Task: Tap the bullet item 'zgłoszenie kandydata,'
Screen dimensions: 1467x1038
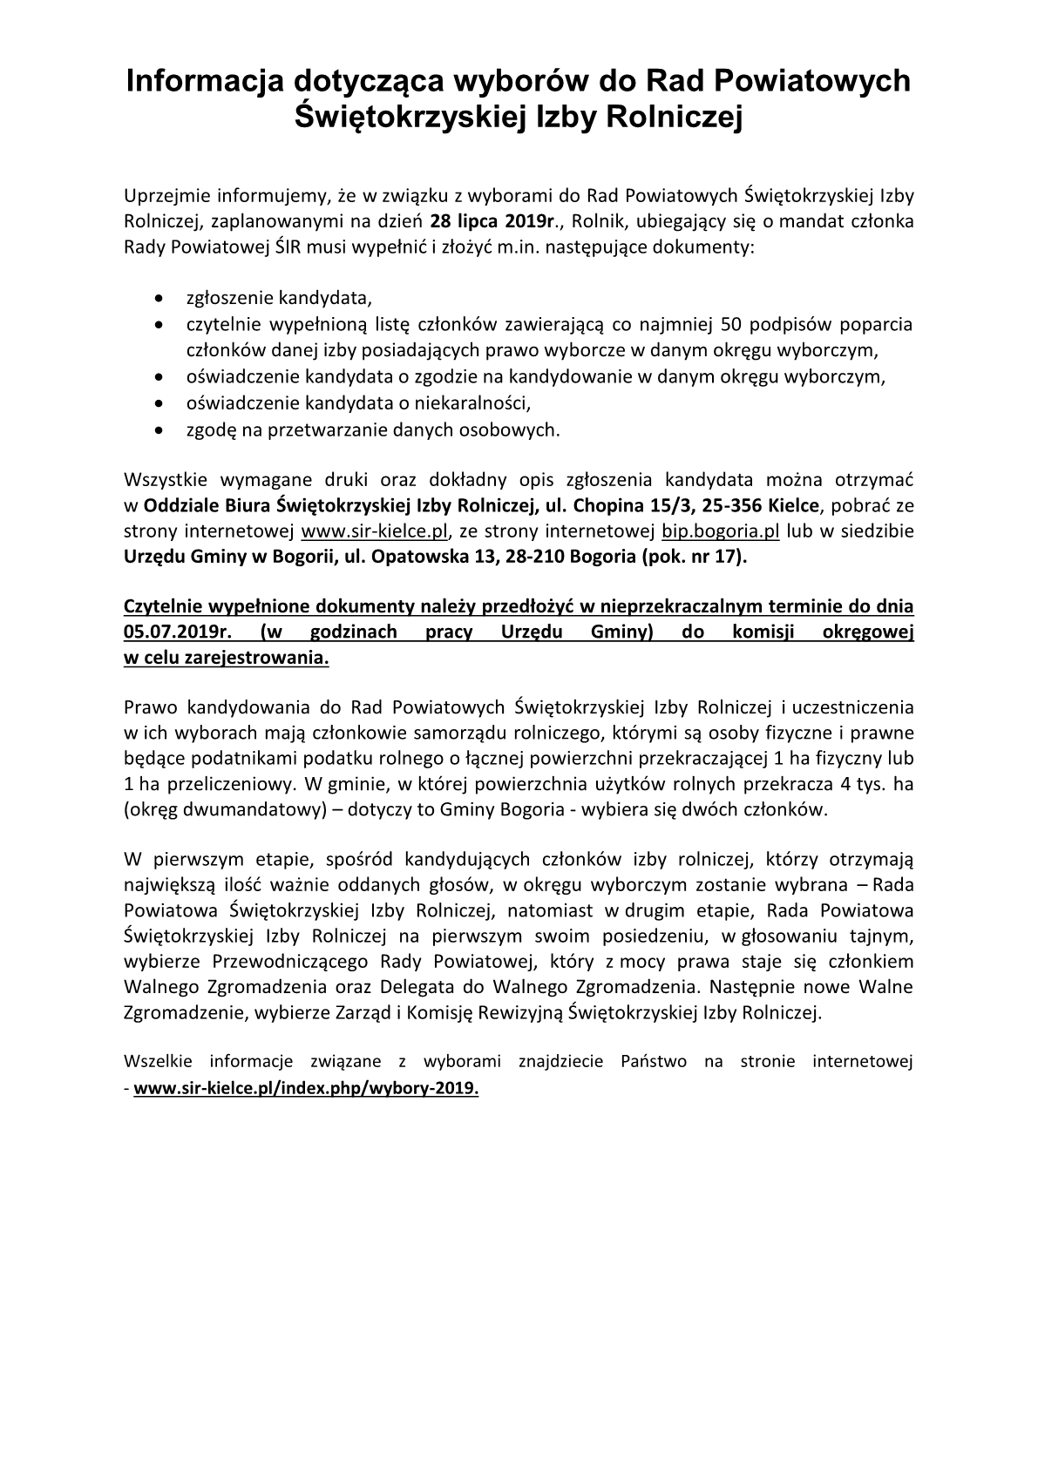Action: pos(279,299)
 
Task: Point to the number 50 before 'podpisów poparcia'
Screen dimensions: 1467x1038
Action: pos(727,325)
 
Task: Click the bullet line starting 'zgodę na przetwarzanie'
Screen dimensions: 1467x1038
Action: pos(373,429)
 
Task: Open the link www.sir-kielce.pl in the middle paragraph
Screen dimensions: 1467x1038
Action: pos(374,531)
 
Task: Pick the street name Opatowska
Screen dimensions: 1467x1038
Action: pos(417,558)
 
